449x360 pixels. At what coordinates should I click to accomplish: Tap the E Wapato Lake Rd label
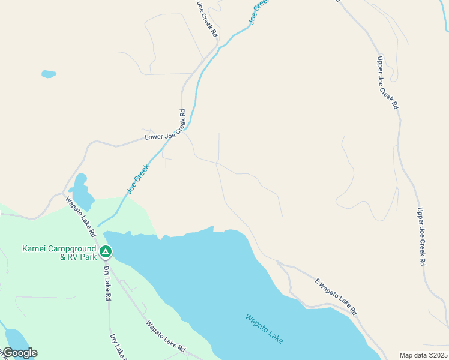pyautogui.click(x=336, y=296)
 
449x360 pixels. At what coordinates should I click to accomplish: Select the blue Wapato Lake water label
pyautogui.click(x=264, y=329)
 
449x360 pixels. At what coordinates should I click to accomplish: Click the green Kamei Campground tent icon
pyautogui.click(x=106, y=251)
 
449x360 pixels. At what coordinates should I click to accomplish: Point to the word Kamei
pyautogui.click(x=34, y=248)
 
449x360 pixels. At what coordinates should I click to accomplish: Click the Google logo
pyautogui.click(x=20, y=353)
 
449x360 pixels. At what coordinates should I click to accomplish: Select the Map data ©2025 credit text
pyautogui.click(x=424, y=355)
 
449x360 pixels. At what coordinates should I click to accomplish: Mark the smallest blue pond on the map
pyautogui.click(x=49, y=74)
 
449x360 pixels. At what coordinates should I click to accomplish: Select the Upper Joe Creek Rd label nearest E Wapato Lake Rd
pyautogui.click(x=422, y=236)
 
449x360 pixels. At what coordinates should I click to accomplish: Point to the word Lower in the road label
pyautogui.click(x=154, y=137)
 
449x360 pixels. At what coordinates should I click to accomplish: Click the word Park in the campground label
pyautogui.click(x=88, y=257)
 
